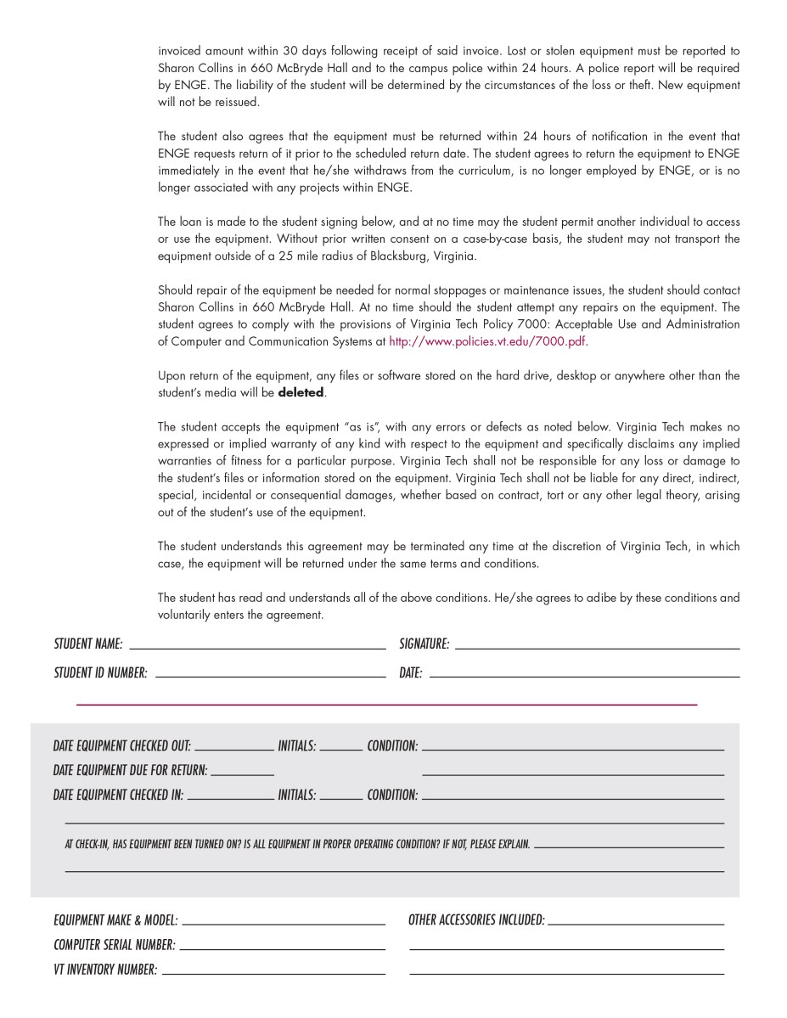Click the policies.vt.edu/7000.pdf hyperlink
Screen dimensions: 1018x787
pyautogui.click(x=487, y=342)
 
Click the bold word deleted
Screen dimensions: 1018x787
pyautogui.click(x=301, y=393)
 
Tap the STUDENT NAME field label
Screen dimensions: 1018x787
pyautogui.click(x=88, y=644)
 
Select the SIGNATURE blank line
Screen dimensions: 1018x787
pyautogui.click(x=597, y=649)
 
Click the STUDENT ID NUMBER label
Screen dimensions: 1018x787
pyautogui.click(x=100, y=673)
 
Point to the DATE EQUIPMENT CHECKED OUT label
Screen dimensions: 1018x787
pyautogui.click(x=121, y=746)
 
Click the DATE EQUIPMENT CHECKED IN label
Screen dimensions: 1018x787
pyautogui.click(x=118, y=796)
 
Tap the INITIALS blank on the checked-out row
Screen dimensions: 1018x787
pyautogui.click(x=341, y=751)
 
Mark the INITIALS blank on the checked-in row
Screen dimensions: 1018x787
pyautogui.click(x=341, y=800)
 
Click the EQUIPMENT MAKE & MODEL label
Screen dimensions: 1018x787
pyautogui.click(x=115, y=920)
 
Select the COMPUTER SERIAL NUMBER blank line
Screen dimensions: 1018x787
pyautogui.click(x=282, y=949)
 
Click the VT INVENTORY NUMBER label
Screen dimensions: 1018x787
pyautogui.click(x=105, y=970)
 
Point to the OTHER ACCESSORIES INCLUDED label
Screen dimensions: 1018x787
pyautogui.click(x=476, y=920)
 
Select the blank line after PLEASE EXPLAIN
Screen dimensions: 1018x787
pyautogui.click(x=629, y=847)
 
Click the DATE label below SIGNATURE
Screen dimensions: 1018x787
pyautogui.click(x=411, y=673)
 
